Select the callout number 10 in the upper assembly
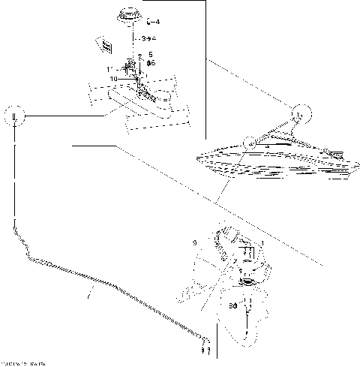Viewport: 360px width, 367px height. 114,78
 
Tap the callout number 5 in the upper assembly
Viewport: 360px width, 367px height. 151,55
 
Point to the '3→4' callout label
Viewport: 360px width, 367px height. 148,37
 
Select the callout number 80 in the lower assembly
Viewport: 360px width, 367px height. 233,306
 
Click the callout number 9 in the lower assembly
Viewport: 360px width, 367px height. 193,243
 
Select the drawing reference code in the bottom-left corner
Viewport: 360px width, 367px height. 22,363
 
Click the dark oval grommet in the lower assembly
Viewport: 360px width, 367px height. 247,282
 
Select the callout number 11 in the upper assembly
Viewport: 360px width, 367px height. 110,69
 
